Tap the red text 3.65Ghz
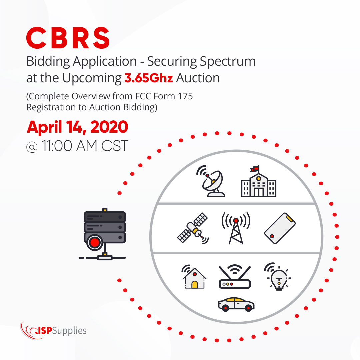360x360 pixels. [148, 78]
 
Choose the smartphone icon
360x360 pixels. [280, 229]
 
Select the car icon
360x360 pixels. [236, 304]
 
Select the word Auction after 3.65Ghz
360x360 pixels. [198, 78]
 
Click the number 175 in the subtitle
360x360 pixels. [185, 96]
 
